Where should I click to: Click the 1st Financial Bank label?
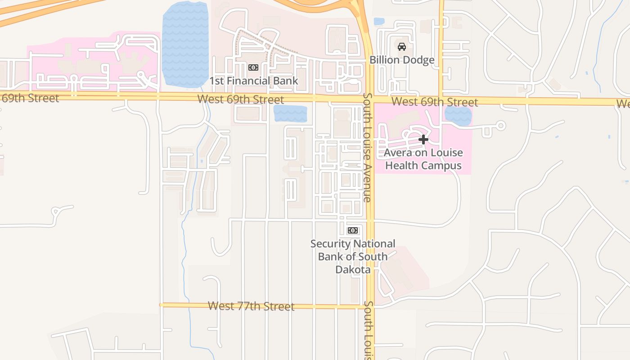coord(254,81)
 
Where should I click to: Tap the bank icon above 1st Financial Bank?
coord(253,67)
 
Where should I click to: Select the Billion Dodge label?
coord(402,60)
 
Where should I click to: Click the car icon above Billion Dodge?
coord(402,46)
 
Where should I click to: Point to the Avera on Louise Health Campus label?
coord(423,159)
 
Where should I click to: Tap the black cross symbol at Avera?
coord(423,139)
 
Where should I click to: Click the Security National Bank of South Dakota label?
coord(353,256)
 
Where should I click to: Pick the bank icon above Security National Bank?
coord(353,230)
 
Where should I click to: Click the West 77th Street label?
coord(251,306)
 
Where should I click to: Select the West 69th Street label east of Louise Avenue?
coord(434,102)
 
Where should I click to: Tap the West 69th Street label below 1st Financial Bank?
coord(241,99)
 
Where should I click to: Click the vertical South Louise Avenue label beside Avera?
coord(367,148)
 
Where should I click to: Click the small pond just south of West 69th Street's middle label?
coord(290,114)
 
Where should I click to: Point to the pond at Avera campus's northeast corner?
coord(458,116)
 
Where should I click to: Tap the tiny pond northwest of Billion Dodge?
coord(379,21)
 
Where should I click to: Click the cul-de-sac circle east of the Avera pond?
coord(500,126)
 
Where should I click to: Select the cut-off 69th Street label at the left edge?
coord(30,98)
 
